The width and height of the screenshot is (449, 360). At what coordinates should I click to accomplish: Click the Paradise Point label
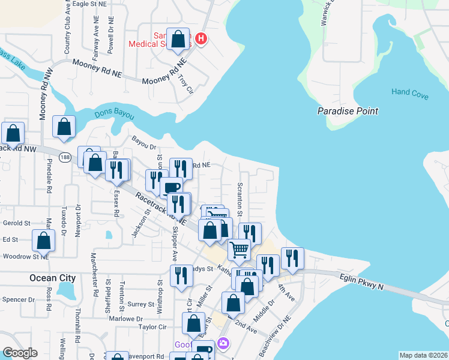[348, 111]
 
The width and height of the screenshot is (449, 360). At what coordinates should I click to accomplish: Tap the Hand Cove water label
[410, 92]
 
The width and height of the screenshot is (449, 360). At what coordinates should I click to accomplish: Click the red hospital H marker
[201, 39]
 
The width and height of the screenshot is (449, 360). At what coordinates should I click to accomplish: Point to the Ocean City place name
[53, 278]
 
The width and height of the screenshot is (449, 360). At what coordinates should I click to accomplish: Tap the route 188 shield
[65, 157]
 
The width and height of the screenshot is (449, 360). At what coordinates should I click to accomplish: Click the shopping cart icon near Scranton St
[239, 248]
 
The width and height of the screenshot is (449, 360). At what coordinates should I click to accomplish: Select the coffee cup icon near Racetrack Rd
[173, 187]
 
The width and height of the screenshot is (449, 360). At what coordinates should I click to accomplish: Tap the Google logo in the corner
[20, 353]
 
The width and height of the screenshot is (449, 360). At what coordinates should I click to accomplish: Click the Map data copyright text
[423, 355]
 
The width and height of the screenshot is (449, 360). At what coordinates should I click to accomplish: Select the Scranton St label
[240, 199]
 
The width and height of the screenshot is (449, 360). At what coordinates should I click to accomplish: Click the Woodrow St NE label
[25, 256]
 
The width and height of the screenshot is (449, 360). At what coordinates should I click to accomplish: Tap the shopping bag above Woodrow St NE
[44, 241]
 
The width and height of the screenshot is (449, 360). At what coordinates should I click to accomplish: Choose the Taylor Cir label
[152, 327]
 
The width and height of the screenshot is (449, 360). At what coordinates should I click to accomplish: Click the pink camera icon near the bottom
[223, 343]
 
